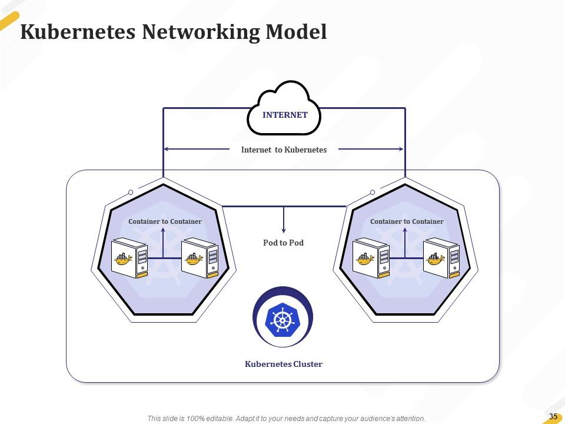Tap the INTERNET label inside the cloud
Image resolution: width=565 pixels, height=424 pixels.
tap(285, 115)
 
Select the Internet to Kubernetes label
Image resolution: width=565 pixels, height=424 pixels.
tap(284, 150)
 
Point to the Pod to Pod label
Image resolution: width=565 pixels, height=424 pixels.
tap(283, 243)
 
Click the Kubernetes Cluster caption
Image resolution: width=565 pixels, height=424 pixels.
tap(283, 364)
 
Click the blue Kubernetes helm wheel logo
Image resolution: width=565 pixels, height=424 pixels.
tap(283, 319)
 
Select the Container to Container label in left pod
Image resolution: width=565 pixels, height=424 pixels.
tap(165, 221)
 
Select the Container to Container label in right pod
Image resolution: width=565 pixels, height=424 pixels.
tap(407, 221)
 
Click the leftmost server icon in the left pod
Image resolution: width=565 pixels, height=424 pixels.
tap(129, 257)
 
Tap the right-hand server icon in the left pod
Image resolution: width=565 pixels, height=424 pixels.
tap(200, 257)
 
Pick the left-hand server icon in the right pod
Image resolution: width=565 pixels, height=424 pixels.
tap(371, 257)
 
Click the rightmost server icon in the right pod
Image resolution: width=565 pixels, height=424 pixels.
tap(441, 257)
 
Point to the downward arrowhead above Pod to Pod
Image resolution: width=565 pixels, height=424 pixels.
tap(284, 230)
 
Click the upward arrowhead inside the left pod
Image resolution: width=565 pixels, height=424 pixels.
tap(163, 230)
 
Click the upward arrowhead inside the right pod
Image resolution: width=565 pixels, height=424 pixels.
tap(404, 230)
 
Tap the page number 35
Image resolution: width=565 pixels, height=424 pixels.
tap(553, 416)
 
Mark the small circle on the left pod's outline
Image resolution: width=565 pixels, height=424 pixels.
tap(130, 192)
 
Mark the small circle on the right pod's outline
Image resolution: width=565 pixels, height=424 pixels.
tap(372, 192)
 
